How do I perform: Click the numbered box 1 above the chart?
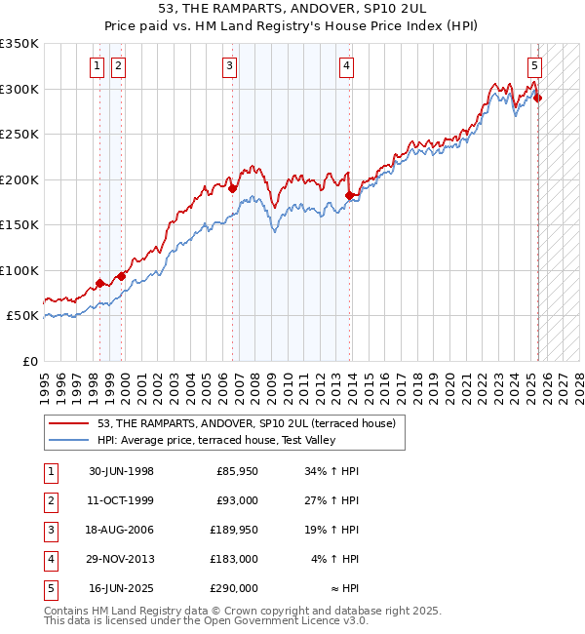(x=97, y=66)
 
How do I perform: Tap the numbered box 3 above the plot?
(x=229, y=66)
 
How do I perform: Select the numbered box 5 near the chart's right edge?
(x=535, y=66)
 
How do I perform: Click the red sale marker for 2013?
(x=349, y=196)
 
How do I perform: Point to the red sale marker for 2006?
(x=232, y=189)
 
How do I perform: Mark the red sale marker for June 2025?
(x=537, y=98)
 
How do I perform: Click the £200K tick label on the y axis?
(x=19, y=179)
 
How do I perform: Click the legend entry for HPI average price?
(x=215, y=441)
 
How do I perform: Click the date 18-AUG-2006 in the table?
(x=121, y=532)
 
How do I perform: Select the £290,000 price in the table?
(x=233, y=589)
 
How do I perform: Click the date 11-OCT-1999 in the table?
(x=121, y=502)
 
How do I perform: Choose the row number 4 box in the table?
(x=50, y=560)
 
